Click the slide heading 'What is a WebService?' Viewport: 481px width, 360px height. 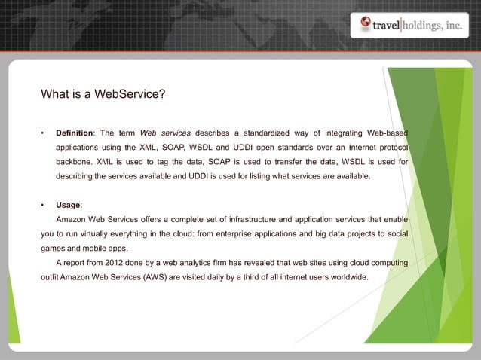coord(103,95)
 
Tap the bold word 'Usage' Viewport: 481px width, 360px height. coord(67,205)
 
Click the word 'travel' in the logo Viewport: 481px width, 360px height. coord(391,26)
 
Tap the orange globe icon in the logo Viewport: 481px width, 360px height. coord(365,25)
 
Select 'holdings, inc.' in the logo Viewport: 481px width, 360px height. coord(437,26)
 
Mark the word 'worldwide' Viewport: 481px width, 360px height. coord(348,276)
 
